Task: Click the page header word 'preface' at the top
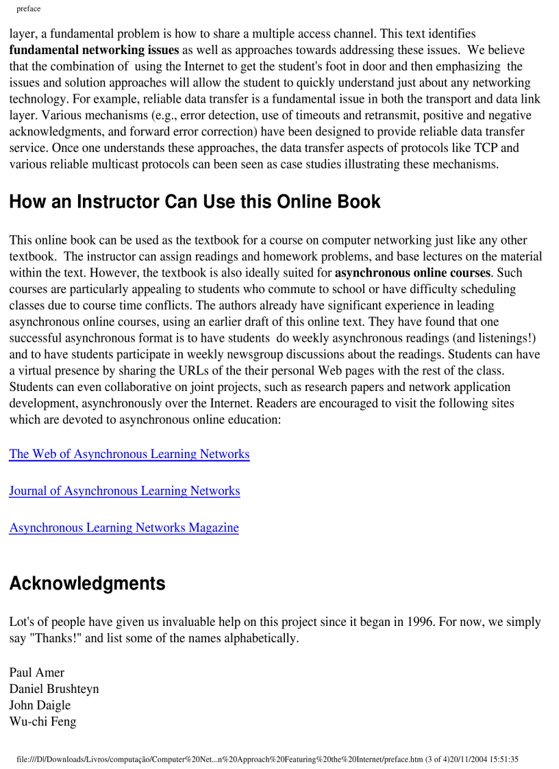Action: coord(28,9)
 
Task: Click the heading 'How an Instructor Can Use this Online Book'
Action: coord(195,202)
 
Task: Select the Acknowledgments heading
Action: coord(87,583)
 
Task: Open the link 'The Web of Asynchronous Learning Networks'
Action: coord(129,454)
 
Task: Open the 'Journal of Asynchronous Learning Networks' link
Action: coord(124,491)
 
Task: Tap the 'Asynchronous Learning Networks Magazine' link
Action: coord(123,528)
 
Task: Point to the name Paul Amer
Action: coord(36,672)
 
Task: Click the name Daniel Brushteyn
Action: coord(53,689)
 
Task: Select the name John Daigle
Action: coord(40,705)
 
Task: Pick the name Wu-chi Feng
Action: coord(42,722)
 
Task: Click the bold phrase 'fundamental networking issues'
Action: coord(94,50)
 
